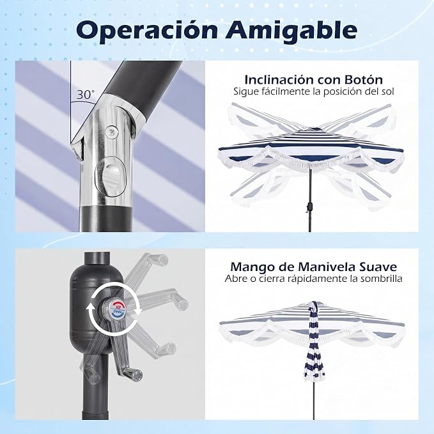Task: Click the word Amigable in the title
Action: click(291, 30)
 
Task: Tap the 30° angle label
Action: click(86, 95)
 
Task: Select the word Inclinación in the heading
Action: click(279, 80)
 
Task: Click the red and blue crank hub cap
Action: click(118, 309)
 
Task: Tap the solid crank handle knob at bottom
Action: click(134, 374)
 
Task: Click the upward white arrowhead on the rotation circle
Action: click(90, 307)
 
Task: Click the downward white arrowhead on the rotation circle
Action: click(138, 311)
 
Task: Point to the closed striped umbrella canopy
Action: click(313, 341)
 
